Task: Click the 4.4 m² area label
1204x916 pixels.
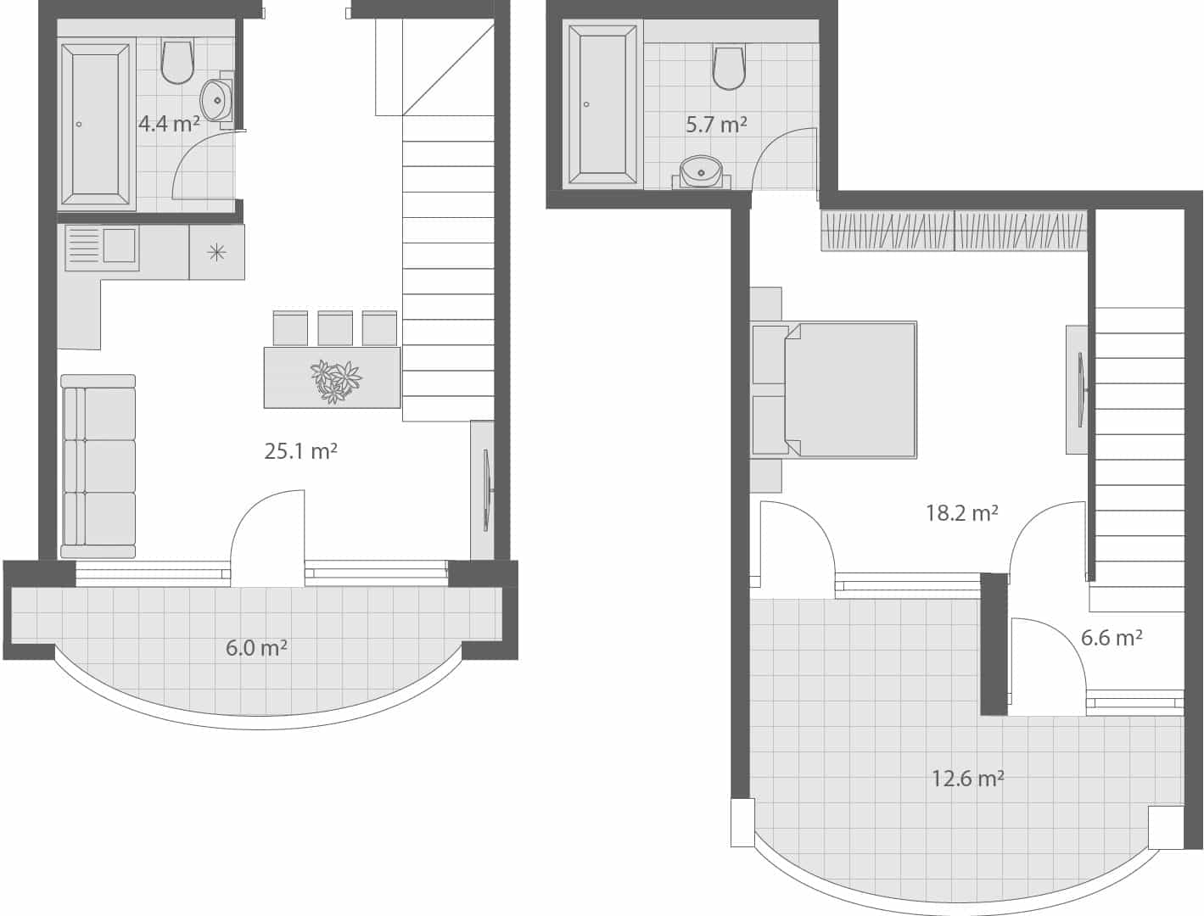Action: (169, 124)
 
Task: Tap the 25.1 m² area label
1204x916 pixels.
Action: (300, 451)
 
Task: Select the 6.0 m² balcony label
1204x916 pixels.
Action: (256, 648)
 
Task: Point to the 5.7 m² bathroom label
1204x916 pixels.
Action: (716, 125)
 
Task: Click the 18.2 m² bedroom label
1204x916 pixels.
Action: (961, 512)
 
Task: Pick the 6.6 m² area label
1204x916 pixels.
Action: (1111, 637)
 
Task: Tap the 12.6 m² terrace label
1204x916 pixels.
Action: (967, 778)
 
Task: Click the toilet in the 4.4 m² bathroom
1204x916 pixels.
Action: (177, 61)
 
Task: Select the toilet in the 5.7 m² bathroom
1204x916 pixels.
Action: (729, 67)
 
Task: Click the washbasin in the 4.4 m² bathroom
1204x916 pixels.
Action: (217, 100)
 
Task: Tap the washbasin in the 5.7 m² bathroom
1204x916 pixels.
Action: (701, 172)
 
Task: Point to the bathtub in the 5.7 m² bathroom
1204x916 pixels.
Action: (602, 103)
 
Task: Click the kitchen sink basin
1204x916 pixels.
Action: (119, 245)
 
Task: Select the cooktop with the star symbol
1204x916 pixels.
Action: (217, 252)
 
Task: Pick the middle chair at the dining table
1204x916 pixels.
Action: (335, 328)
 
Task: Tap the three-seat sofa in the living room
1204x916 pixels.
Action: (98, 466)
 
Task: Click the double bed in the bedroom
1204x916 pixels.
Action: (848, 390)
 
